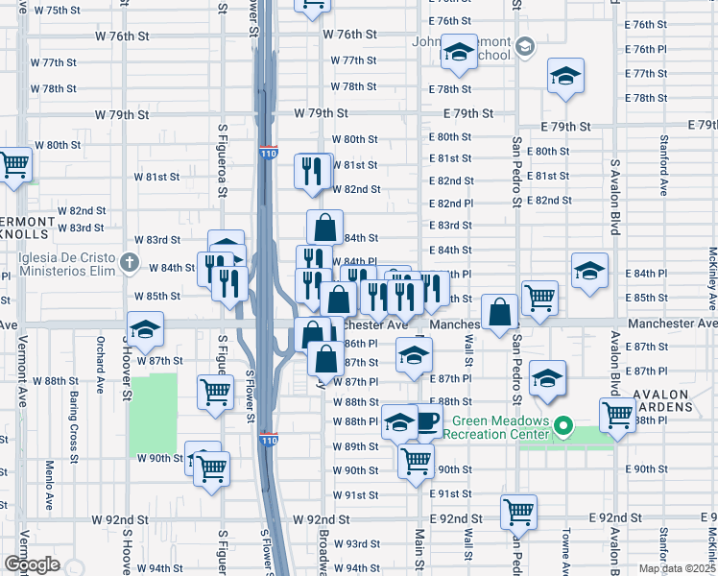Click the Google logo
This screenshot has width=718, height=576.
coord(31,564)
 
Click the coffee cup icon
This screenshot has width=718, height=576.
coord(427,420)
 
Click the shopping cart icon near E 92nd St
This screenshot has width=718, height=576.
coord(519,512)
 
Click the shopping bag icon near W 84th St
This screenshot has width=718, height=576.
coord(324,227)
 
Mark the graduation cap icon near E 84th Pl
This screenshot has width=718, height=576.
coord(589,270)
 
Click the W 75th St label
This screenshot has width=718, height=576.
coord(57,10)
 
